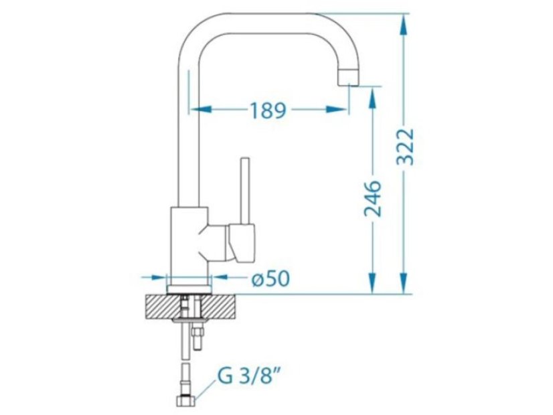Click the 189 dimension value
pyautogui.click(x=268, y=110)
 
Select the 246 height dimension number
pyautogui.click(x=373, y=199)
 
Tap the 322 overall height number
pyautogui.click(x=404, y=147)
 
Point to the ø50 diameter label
pyautogui.click(x=271, y=278)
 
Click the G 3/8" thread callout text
pyautogui.click(x=250, y=377)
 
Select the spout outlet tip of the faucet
pyautogui.click(x=347, y=78)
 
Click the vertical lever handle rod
pyautogui.click(x=245, y=190)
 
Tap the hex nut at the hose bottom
pyautogui.click(x=185, y=401)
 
